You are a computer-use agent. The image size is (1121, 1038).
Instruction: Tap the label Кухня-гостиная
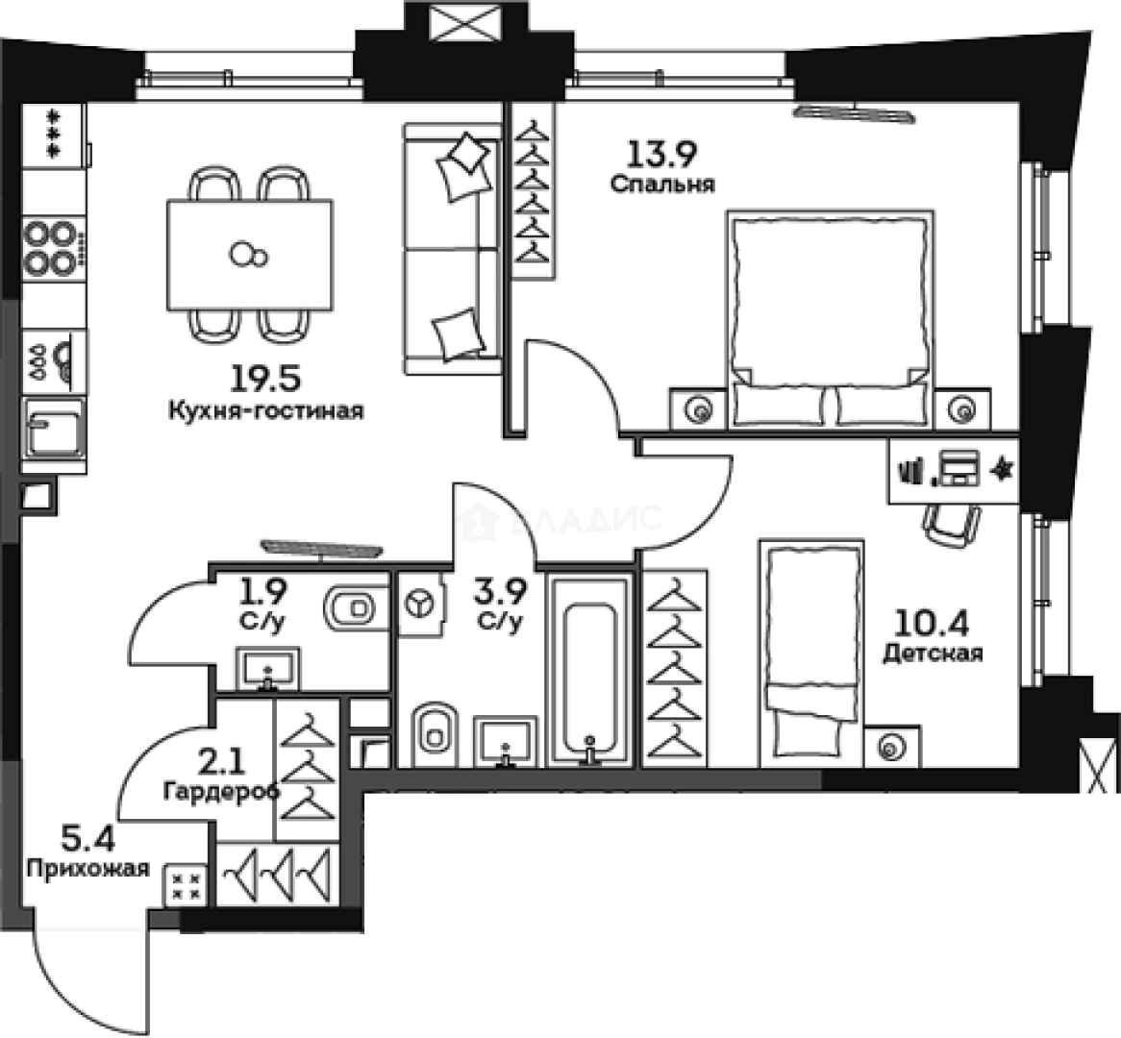click(265, 411)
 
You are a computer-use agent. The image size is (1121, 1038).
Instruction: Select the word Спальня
click(662, 184)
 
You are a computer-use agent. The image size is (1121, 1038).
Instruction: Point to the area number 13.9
click(662, 153)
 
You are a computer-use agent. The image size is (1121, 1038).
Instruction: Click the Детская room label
click(933, 655)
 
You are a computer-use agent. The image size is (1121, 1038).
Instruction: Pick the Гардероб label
click(221, 792)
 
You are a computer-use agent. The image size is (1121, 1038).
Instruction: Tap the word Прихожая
click(88, 869)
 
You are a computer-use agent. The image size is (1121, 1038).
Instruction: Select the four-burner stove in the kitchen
click(50, 247)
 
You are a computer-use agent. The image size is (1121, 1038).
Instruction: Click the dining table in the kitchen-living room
click(250, 255)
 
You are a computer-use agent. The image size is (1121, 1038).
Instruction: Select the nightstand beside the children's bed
click(892, 747)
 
